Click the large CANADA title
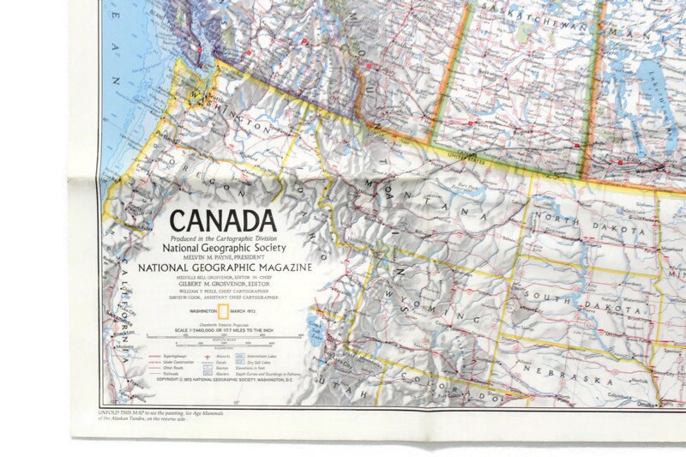click(x=223, y=221)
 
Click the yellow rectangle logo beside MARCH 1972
click(x=223, y=310)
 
